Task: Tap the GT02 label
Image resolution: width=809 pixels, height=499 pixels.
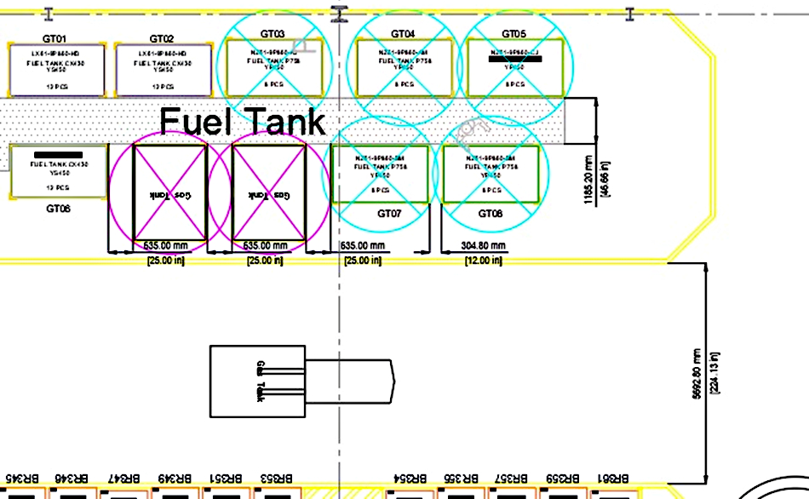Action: [x=162, y=38]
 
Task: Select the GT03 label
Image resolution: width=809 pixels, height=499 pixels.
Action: [x=273, y=33]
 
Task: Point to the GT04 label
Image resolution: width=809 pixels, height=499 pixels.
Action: [x=403, y=33]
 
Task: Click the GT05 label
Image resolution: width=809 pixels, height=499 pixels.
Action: [x=514, y=33]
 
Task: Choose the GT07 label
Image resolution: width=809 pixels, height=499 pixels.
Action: [x=389, y=213]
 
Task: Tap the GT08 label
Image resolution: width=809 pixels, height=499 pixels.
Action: [x=491, y=213]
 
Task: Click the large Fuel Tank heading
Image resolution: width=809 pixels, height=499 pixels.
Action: [x=243, y=122]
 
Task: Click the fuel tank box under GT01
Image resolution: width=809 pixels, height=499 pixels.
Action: [x=56, y=70]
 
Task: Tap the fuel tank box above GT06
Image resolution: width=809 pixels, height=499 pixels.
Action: [x=59, y=170]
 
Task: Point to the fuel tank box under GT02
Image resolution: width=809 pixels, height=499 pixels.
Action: [x=163, y=70]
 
